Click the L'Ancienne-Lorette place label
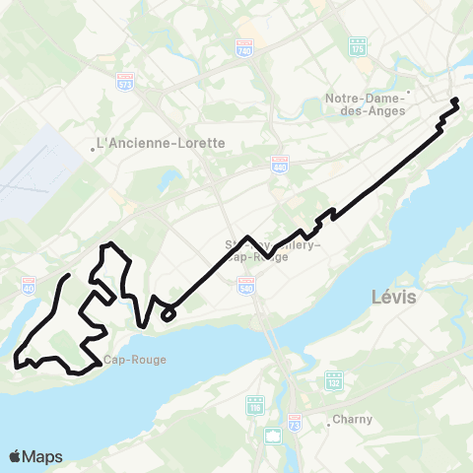(x=161, y=143)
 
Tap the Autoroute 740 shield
(x=244, y=47)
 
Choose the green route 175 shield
(x=358, y=47)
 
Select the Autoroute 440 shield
(x=279, y=164)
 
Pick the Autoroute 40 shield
(x=28, y=286)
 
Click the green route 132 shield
(x=334, y=379)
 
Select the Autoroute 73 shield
(x=294, y=422)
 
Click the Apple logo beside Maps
(x=17, y=456)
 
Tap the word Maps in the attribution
(x=43, y=457)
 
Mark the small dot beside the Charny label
(x=328, y=425)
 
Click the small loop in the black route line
(x=169, y=314)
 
